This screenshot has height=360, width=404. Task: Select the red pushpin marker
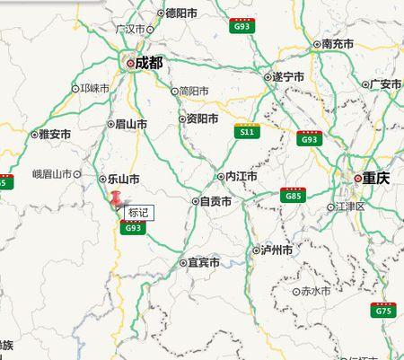click(115, 200)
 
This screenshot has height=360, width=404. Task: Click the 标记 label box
click(138, 213)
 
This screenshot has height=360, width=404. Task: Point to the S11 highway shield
click(246, 132)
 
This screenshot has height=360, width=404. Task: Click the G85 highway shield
click(293, 195)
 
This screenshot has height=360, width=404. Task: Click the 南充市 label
click(338, 43)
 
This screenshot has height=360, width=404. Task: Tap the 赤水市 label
click(315, 292)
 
